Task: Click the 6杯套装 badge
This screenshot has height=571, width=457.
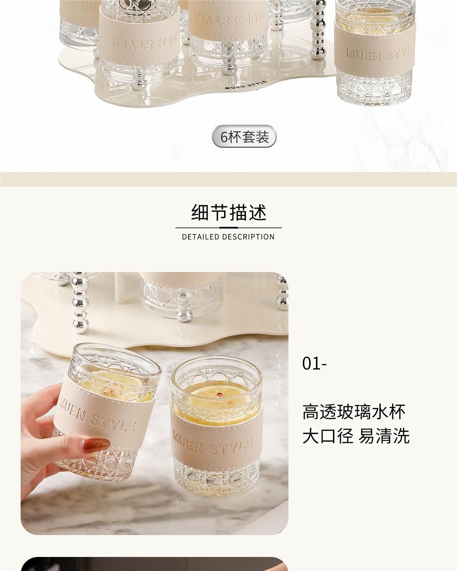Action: tap(244, 136)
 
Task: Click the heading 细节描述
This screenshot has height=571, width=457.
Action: tap(228, 212)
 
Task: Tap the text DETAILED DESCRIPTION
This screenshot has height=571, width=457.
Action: tap(228, 237)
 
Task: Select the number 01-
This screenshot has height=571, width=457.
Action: tap(315, 364)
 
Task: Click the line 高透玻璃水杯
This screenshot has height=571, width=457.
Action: tap(354, 412)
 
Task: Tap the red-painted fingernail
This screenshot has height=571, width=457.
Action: tap(97, 445)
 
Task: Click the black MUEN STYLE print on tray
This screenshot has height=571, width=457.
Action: tap(246, 85)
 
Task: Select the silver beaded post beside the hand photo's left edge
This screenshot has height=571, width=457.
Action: tap(80, 302)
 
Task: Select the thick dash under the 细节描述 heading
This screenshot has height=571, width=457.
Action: tap(228, 228)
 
